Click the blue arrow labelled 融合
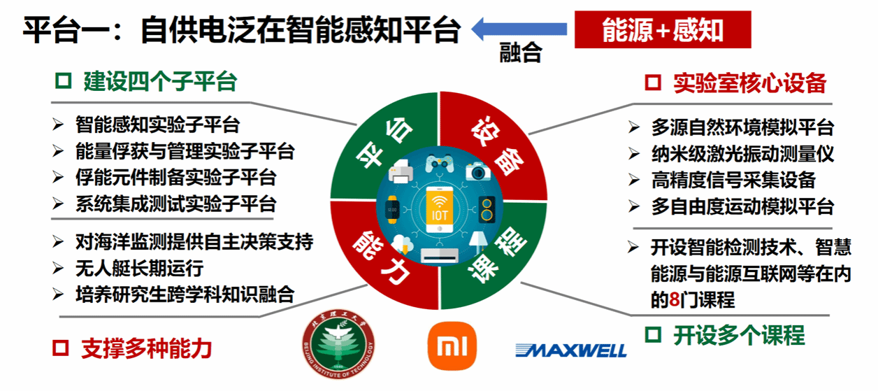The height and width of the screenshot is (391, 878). click(x=519, y=29)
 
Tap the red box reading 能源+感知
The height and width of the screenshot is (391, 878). click(x=663, y=29)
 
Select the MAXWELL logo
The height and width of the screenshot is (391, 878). click(x=571, y=350)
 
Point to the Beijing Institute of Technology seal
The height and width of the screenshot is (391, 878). click(x=338, y=344)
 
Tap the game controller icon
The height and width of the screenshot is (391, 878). click(x=440, y=164)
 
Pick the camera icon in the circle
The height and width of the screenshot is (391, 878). click(x=478, y=171)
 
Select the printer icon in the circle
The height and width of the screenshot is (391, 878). click(x=401, y=171)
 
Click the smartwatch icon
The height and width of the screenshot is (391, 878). click(x=392, y=209)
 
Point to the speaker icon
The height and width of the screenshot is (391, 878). click(x=487, y=210)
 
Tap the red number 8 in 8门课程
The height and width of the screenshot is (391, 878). click(x=674, y=299)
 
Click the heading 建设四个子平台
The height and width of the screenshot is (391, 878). click(x=160, y=82)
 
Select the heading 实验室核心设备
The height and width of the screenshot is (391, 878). click(x=750, y=83)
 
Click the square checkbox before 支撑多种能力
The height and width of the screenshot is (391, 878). click(x=60, y=348)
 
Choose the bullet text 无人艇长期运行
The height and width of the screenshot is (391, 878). click(x=140, y=269)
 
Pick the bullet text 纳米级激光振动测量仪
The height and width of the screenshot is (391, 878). click(x=742, y=154)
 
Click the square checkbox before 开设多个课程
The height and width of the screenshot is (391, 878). click(x=653, y=335)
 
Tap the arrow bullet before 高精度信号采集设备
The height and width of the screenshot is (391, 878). click(x=634, y=180)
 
